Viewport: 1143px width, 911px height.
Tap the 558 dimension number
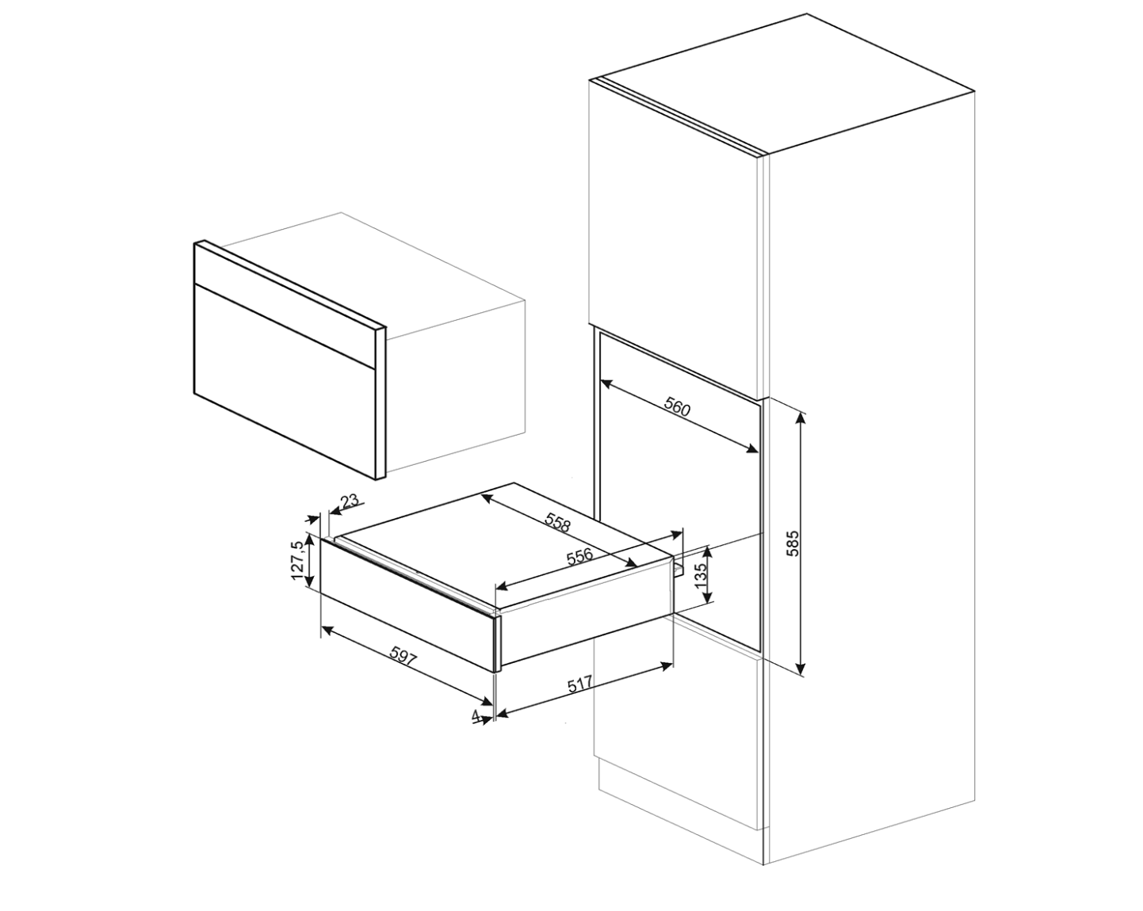click(557, 522)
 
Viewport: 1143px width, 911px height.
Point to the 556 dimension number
click(579, 556)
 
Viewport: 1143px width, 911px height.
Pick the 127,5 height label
click(298, 561)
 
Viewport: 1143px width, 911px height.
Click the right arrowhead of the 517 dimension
click(667, 665)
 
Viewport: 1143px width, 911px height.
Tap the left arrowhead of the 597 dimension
click(329, 630)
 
